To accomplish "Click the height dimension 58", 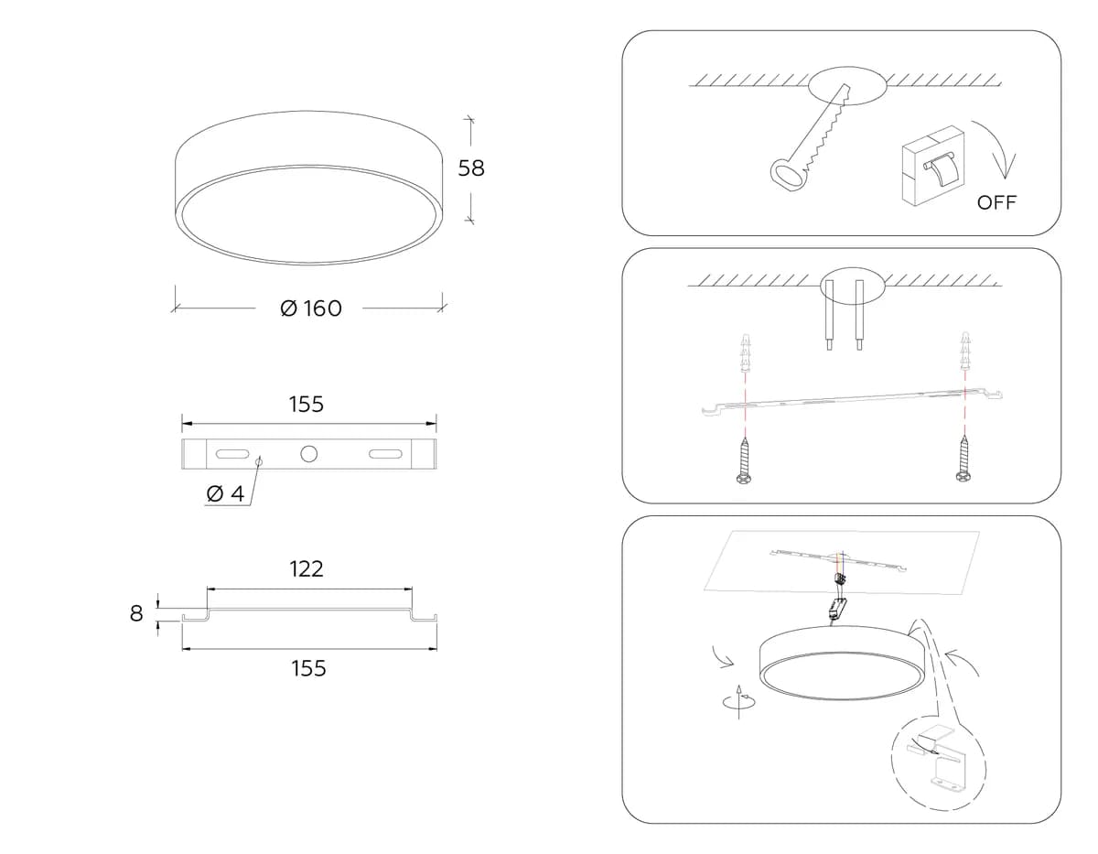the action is tap(471, 168).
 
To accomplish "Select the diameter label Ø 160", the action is tap(311, 308).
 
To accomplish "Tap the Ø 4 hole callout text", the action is tap(225, 493).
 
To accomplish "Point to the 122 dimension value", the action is tap(307, 569).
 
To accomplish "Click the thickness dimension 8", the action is tap(136, 613).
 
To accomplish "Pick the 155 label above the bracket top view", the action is tap(307, 405).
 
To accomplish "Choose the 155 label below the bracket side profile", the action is tap(308, 668).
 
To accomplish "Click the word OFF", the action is tap(996, 202).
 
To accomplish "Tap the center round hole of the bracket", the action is tap(308, 454).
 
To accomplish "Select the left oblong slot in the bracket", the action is tap(232, 454).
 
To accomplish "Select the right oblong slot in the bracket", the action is tap(385, 454).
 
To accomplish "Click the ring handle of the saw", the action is tap(786, 175).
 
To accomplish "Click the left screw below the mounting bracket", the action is tap(744, 460).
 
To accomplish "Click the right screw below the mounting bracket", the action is tap(963, 459).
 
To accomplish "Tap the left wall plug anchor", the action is tap(744, 352).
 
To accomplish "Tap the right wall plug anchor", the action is tap(964, 351).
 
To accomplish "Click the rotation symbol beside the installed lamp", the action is tap(738, 702).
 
